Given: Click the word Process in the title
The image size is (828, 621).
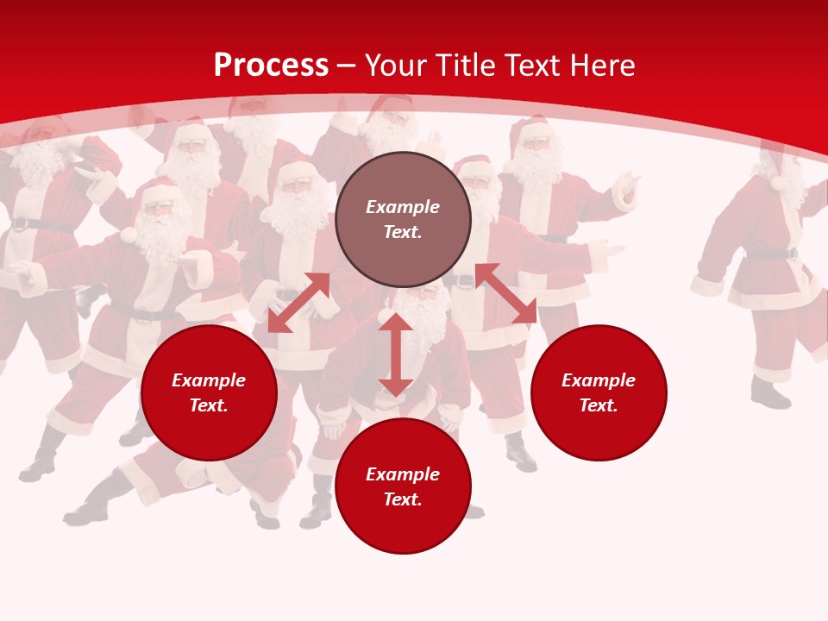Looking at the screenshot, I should (271, 66).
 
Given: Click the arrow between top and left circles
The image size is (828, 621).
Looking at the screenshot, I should (298, 303).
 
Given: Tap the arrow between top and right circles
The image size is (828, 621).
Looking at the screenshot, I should (505, 293).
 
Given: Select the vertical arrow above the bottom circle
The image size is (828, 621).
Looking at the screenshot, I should (395, 354).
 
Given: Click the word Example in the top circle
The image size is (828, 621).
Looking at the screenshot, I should (403, 207).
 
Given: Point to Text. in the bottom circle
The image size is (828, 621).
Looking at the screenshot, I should (403, 499).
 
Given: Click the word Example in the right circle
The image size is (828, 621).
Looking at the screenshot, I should (599, 380).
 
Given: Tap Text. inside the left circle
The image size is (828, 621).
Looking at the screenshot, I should (209, 405).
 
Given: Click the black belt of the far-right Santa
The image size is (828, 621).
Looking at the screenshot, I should (771, 254).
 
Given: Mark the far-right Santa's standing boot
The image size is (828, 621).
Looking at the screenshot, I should (769, 396).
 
